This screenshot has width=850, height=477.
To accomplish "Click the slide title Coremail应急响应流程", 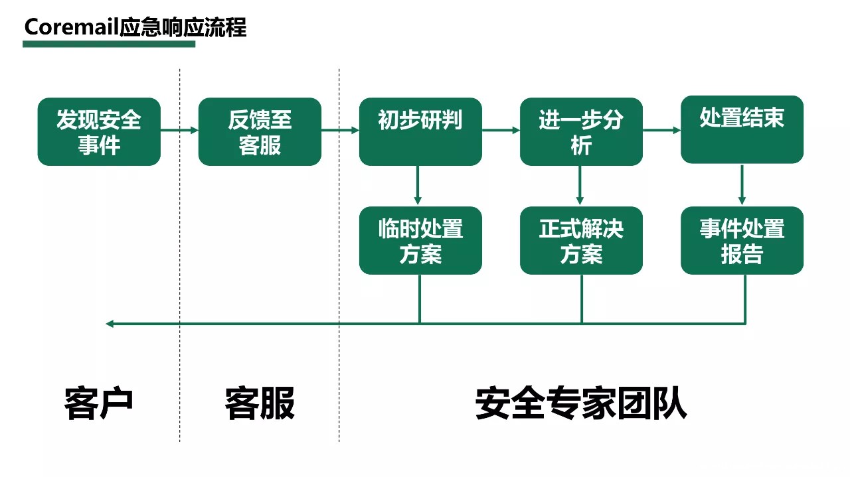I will (x=135, y=27).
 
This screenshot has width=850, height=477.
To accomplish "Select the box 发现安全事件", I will (x=99, y=132).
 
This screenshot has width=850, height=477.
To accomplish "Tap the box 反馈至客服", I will (x=260, y=132).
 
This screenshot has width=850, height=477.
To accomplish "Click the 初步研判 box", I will (x=420, y=132).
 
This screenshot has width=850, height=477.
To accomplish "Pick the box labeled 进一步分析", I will (x=581, y=132).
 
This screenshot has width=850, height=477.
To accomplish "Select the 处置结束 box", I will (x=742, y=129).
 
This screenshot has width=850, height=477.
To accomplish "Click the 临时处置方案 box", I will (x=420, y=241).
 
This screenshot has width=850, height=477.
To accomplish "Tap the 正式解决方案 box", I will (x=581, y=241).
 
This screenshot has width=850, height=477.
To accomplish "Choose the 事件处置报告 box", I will (x=742, y=241).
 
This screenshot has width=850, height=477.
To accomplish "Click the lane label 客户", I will (x=99, y=403).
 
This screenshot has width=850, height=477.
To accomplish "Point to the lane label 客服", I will (x=260, y=403).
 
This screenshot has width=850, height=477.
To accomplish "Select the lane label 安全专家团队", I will (x=581, y=403).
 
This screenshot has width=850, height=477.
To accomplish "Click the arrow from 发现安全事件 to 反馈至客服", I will (x=179, y=131).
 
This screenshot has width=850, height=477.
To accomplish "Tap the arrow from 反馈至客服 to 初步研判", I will (x=340, y=131).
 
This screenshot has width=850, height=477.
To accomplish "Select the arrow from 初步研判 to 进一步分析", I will (x=501, y=131).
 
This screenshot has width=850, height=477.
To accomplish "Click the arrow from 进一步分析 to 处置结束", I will (x=661, y=131).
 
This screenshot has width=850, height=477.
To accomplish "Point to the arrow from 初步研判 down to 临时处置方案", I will (x=418, y=186).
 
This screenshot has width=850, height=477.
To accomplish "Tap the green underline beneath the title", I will (x=109, y=44).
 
